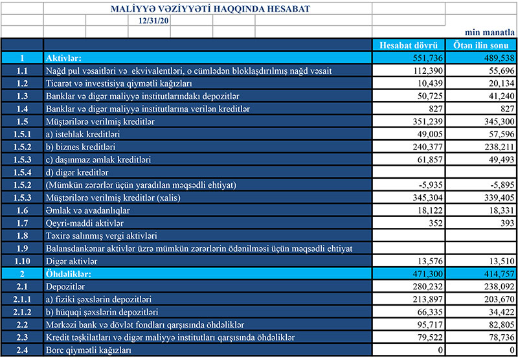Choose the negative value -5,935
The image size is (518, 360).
click(428, 185)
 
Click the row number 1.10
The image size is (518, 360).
click(22, 261)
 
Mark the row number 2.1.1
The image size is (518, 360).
click(22, 299)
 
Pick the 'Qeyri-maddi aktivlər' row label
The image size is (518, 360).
click(84, 223)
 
